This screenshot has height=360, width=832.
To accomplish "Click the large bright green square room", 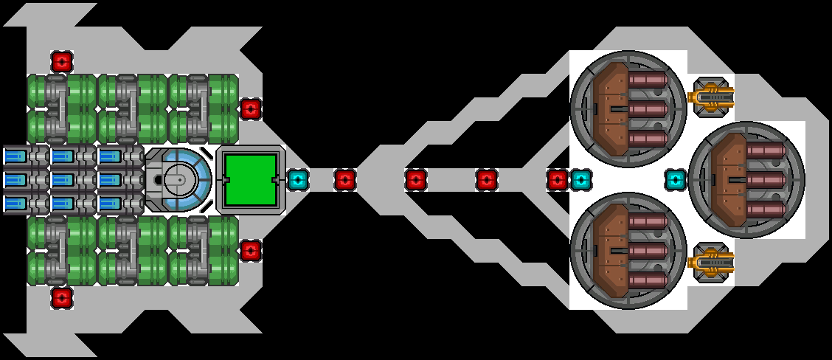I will click(250, 179).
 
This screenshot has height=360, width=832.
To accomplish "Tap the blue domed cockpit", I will click(178, 179).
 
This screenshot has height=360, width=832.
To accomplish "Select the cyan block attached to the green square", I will click(297, 179).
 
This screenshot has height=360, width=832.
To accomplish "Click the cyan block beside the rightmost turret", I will click(675, 179).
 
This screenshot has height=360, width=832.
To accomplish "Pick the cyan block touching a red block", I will click(580, 179).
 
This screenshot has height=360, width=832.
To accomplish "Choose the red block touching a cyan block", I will click(558, 179).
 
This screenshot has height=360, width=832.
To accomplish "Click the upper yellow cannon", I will click(711, 97).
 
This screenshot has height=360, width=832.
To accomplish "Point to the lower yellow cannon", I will click(711, 262).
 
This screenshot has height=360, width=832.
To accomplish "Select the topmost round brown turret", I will click(628, 108).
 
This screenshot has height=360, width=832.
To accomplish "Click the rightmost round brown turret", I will click(746, 179).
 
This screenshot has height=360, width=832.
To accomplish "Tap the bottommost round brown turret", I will click(628, 250).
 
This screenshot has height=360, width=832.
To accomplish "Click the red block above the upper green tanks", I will click(61, 60).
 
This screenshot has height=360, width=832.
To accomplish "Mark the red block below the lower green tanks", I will click(61, 298).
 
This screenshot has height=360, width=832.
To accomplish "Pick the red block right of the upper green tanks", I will click(251, 109).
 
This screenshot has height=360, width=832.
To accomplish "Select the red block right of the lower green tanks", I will click(251, 250).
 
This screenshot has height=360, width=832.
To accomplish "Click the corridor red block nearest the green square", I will click(345, 179).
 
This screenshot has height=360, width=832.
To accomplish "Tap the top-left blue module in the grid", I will click(15, 156).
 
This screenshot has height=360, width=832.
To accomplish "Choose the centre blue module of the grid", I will click(63, 180).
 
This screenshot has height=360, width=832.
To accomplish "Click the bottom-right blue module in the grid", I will click(110, 204).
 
